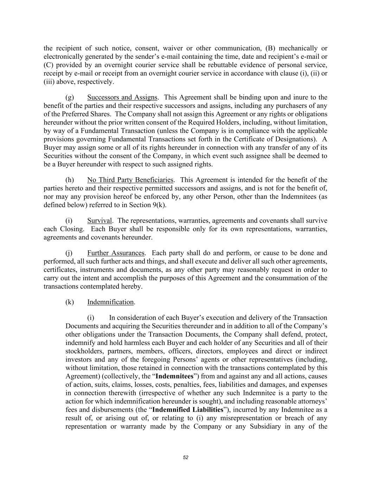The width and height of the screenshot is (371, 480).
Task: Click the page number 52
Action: [186, 457]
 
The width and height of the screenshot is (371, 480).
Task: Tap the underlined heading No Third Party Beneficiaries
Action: [130, 180]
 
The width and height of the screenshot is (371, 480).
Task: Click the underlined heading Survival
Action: [100, 221]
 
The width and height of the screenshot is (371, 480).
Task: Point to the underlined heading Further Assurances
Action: [116, 253]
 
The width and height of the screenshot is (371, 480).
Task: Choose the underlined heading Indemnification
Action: [110, 302]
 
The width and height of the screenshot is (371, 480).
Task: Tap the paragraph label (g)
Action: [70, 97]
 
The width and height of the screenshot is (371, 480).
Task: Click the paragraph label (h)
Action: [70, 180]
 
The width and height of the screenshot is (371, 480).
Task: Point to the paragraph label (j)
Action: [69, 253]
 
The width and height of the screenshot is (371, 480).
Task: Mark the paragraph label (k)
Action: [70, 302]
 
